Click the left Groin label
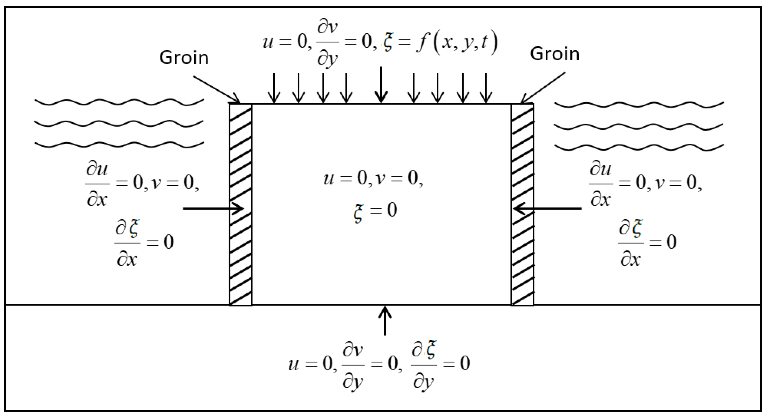pos(184,58)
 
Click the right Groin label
pos(554,54)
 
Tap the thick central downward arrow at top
pos(381,85)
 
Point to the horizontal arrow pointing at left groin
pos(213,208)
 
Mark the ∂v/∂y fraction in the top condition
pos(327,42)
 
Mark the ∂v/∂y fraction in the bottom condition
pos(353,365)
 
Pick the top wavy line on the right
pos(639,105)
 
